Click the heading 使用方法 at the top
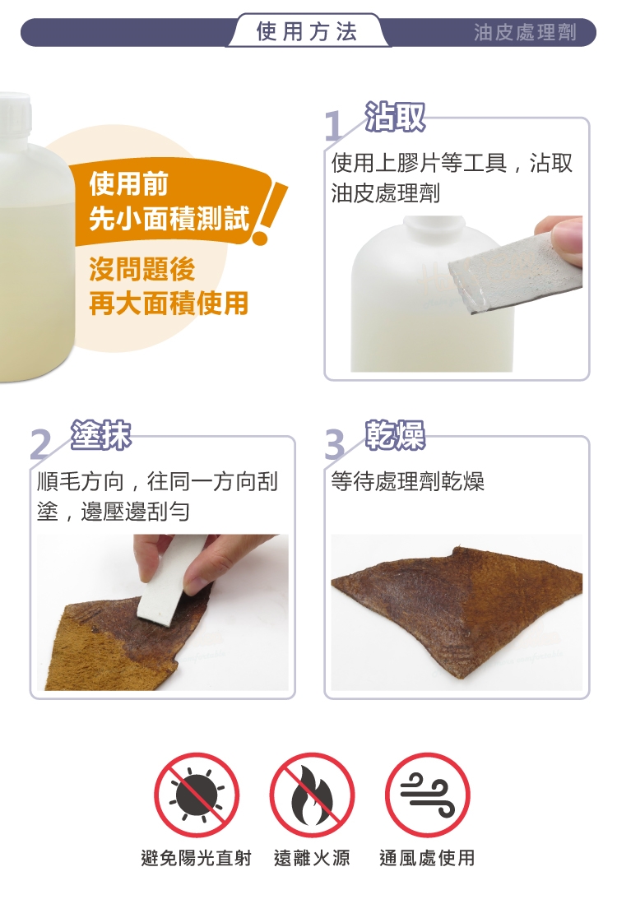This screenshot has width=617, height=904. tap(307, 31)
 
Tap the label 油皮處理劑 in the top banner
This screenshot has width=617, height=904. tap(525, 32)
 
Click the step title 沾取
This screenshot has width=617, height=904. tap(395, 117)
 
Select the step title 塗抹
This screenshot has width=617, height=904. tap(101, 435)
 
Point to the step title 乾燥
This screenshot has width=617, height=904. tap(395, 435)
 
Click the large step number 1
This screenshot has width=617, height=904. tap(333, 126)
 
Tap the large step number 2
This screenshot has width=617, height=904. tap(39, 444)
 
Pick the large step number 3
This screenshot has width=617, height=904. tap(335, 444)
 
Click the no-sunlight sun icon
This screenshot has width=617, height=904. tap(197, 795)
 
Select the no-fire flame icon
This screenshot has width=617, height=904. tap(312, 795)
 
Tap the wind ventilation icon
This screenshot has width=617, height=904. tap(427, 795)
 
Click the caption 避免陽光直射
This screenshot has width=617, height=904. tap(196, 858)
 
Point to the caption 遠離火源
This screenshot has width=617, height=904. tap(312, 858)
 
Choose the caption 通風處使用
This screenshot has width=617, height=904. tap(427, 858)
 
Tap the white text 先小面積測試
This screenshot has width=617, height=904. tap(169, 218)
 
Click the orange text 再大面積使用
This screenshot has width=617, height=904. tap(169, 303)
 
